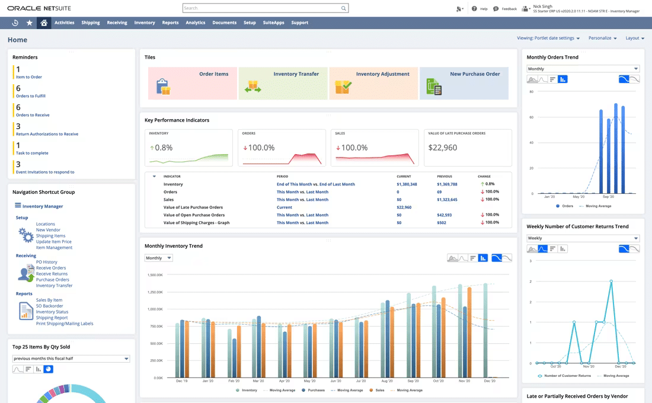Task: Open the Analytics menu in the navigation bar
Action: click(195, 23)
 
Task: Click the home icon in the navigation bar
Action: click(43, 23)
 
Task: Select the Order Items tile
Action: click(192, 83)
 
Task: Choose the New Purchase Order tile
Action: click(464, 83)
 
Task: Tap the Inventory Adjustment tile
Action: click(373, 83)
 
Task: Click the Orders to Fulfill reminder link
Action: click(31, 96)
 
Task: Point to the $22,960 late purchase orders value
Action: click(443, 148)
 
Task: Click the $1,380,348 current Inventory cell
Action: click(407, 184)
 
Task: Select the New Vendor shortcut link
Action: click(48, 230)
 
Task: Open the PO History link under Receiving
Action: click(46, 262)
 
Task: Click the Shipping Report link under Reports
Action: click(52, 318)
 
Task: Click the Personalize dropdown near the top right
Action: click(602, 38)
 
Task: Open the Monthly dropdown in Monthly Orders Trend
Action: click(583, 69)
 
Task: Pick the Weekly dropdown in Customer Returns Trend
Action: click(583, 238)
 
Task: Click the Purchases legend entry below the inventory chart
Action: click(317, 391)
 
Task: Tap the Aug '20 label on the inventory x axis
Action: click(387, 381)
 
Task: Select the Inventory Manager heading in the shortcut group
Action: click(43, 206)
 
